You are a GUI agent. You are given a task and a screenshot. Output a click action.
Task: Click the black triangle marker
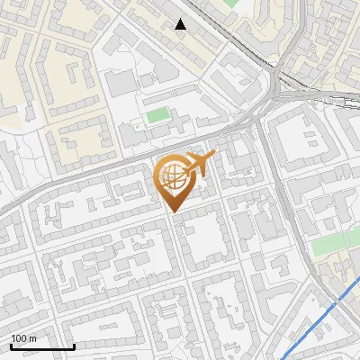(181, 24)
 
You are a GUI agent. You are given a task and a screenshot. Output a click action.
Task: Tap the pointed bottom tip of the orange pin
(171, 212)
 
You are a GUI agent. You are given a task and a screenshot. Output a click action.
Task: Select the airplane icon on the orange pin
(195, 165)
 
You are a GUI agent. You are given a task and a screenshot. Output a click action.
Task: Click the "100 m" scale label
(22, 338)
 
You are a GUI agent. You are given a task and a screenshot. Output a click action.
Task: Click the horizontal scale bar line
(42, 347)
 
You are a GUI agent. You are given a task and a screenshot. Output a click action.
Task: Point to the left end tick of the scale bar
(11, 346)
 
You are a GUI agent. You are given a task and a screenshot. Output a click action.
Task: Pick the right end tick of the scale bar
(74, 346)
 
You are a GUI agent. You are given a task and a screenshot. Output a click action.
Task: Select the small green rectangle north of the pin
(157, 115)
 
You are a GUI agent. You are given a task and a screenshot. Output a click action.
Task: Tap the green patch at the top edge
(232, 4)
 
